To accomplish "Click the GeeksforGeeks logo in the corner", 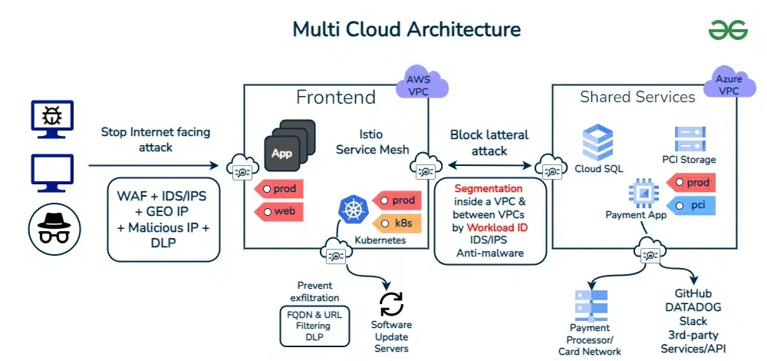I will pyautogui.click(x=728, y=30).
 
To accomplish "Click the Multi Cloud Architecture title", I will pyautogui.click(x=407, y=29).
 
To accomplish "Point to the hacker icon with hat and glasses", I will pyautogui.click(x=52, y=226).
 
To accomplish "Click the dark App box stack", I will pyautogui.click(x=287, y=145).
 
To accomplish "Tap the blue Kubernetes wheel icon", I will pyautogui.click(x=352, y=210).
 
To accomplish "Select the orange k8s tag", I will pyautogui.click(x=397, y=224).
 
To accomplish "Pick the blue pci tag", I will pyautogui.click(x=693, y=206).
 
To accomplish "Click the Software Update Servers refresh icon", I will pyautogui.click(x=391, y=303).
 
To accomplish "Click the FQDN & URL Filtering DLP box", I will pyautogui.click(x=314, y=326).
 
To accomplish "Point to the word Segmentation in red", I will pyautogui.click(x=489, y=188).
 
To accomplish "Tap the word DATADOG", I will pyautogui.click(x=693, y=307).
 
